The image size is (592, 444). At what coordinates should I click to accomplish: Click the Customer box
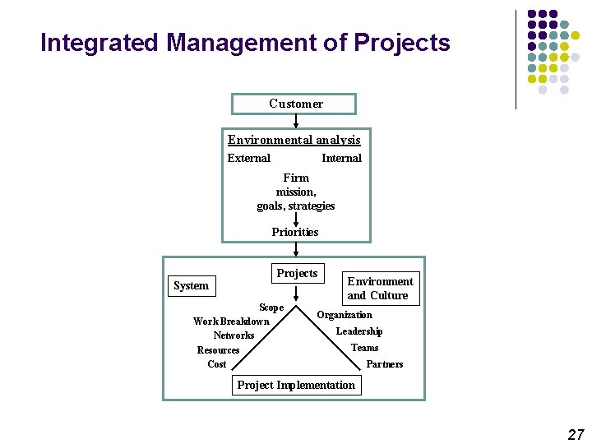coord(295,104)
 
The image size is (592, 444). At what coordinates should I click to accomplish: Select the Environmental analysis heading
coord(294,140)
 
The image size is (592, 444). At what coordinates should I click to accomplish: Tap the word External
coord(248,158)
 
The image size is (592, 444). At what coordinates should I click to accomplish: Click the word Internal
coord(341,158)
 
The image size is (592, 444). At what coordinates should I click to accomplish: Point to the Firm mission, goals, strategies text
coord(296,192)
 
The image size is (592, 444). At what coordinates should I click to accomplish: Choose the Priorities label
coord(295,232)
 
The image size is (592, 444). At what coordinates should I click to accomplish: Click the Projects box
coord(297,273)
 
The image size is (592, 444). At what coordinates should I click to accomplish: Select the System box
coord(191,285)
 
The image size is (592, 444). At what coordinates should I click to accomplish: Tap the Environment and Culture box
coord(380,289)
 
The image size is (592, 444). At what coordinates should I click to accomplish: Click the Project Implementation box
coord(296,385)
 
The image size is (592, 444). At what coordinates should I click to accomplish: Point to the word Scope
coord(271,308)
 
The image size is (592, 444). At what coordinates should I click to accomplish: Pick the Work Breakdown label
coord(231,321)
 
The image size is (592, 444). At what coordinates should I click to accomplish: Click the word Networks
coord(234,335)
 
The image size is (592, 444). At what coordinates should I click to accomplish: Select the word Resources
coord(218,350)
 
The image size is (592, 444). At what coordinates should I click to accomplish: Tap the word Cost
coord(217,364)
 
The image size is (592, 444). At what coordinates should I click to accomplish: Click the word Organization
coord(345,315)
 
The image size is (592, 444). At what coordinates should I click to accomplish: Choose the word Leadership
coord(359,331)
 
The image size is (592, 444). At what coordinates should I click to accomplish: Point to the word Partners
coord(385,364)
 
